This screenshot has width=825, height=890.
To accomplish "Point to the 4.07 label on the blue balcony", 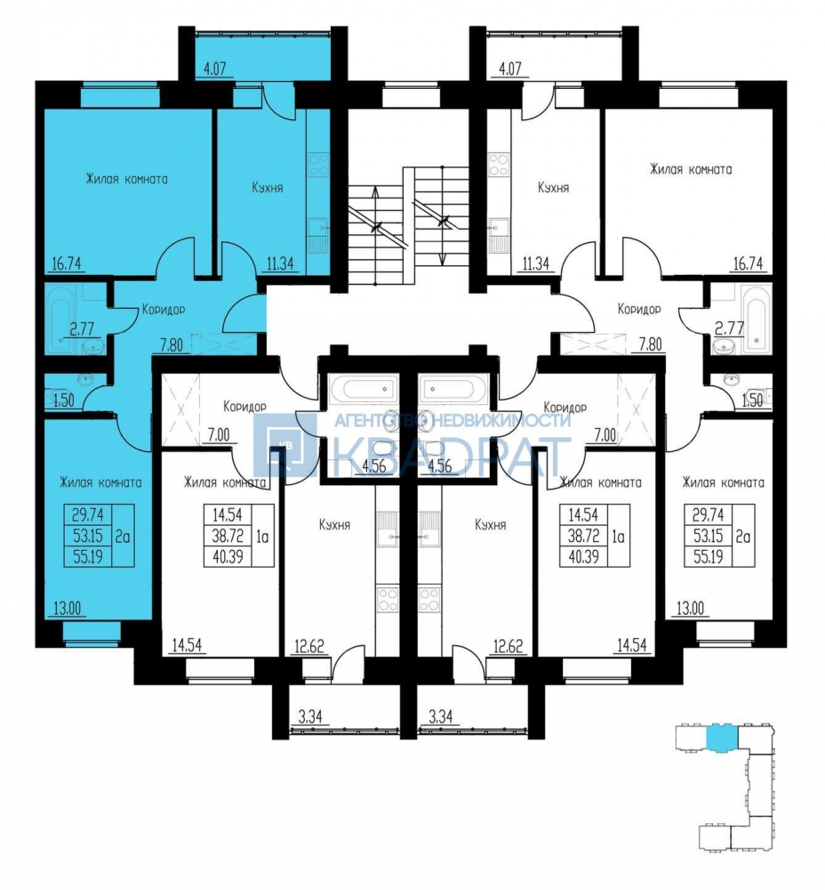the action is tap(214, 69).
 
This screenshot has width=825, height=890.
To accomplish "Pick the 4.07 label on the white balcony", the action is tap(509, 69).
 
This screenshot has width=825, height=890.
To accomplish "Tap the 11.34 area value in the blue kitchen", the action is tap(280, 263).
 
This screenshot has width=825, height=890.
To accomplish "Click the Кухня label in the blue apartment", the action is tap(267, 188).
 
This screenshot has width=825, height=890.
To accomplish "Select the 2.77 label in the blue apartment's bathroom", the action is tap(82, 328).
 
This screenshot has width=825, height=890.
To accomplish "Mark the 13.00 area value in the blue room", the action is tap(67, 609).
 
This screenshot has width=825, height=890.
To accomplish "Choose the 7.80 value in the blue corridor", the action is tap(171, 344).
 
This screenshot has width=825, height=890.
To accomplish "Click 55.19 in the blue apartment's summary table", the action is tap(87, 557).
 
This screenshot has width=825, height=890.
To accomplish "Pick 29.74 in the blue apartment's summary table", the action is tap(87, 514).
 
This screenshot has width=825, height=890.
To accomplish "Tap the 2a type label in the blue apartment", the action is tap(123, 536).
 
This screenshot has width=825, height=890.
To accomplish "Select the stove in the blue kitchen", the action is tap(318, 165).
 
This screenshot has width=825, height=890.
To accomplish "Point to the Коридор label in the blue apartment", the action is tap(164, 310).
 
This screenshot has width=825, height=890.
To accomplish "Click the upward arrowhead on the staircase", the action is tap(375, 193).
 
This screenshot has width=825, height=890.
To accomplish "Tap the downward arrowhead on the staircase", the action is tap(442, 259).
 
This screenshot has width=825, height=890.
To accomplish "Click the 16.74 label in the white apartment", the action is tap(748, 263).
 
